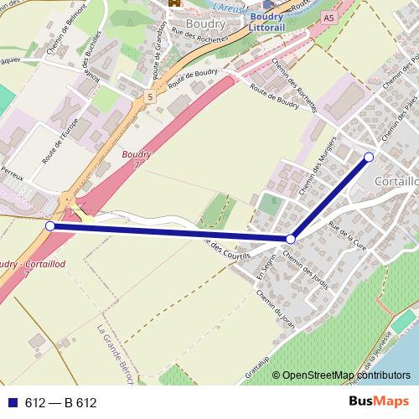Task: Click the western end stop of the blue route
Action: (49, 226)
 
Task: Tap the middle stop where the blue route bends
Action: (291, 239)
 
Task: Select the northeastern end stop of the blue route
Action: (369, 157)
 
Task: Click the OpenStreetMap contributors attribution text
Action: (346, 375)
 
